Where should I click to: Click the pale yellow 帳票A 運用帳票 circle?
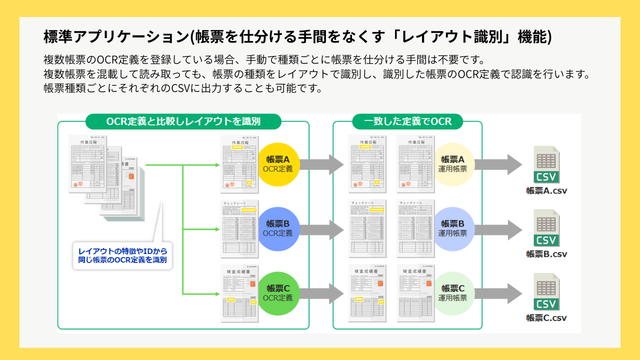(x=455, y=164)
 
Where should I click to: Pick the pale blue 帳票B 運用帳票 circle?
(x=455, y=227)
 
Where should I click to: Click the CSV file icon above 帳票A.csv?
(x=546, y=163)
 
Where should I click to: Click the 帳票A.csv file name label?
(x=546, y=190)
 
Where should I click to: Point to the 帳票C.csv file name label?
(x=546, y=317)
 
